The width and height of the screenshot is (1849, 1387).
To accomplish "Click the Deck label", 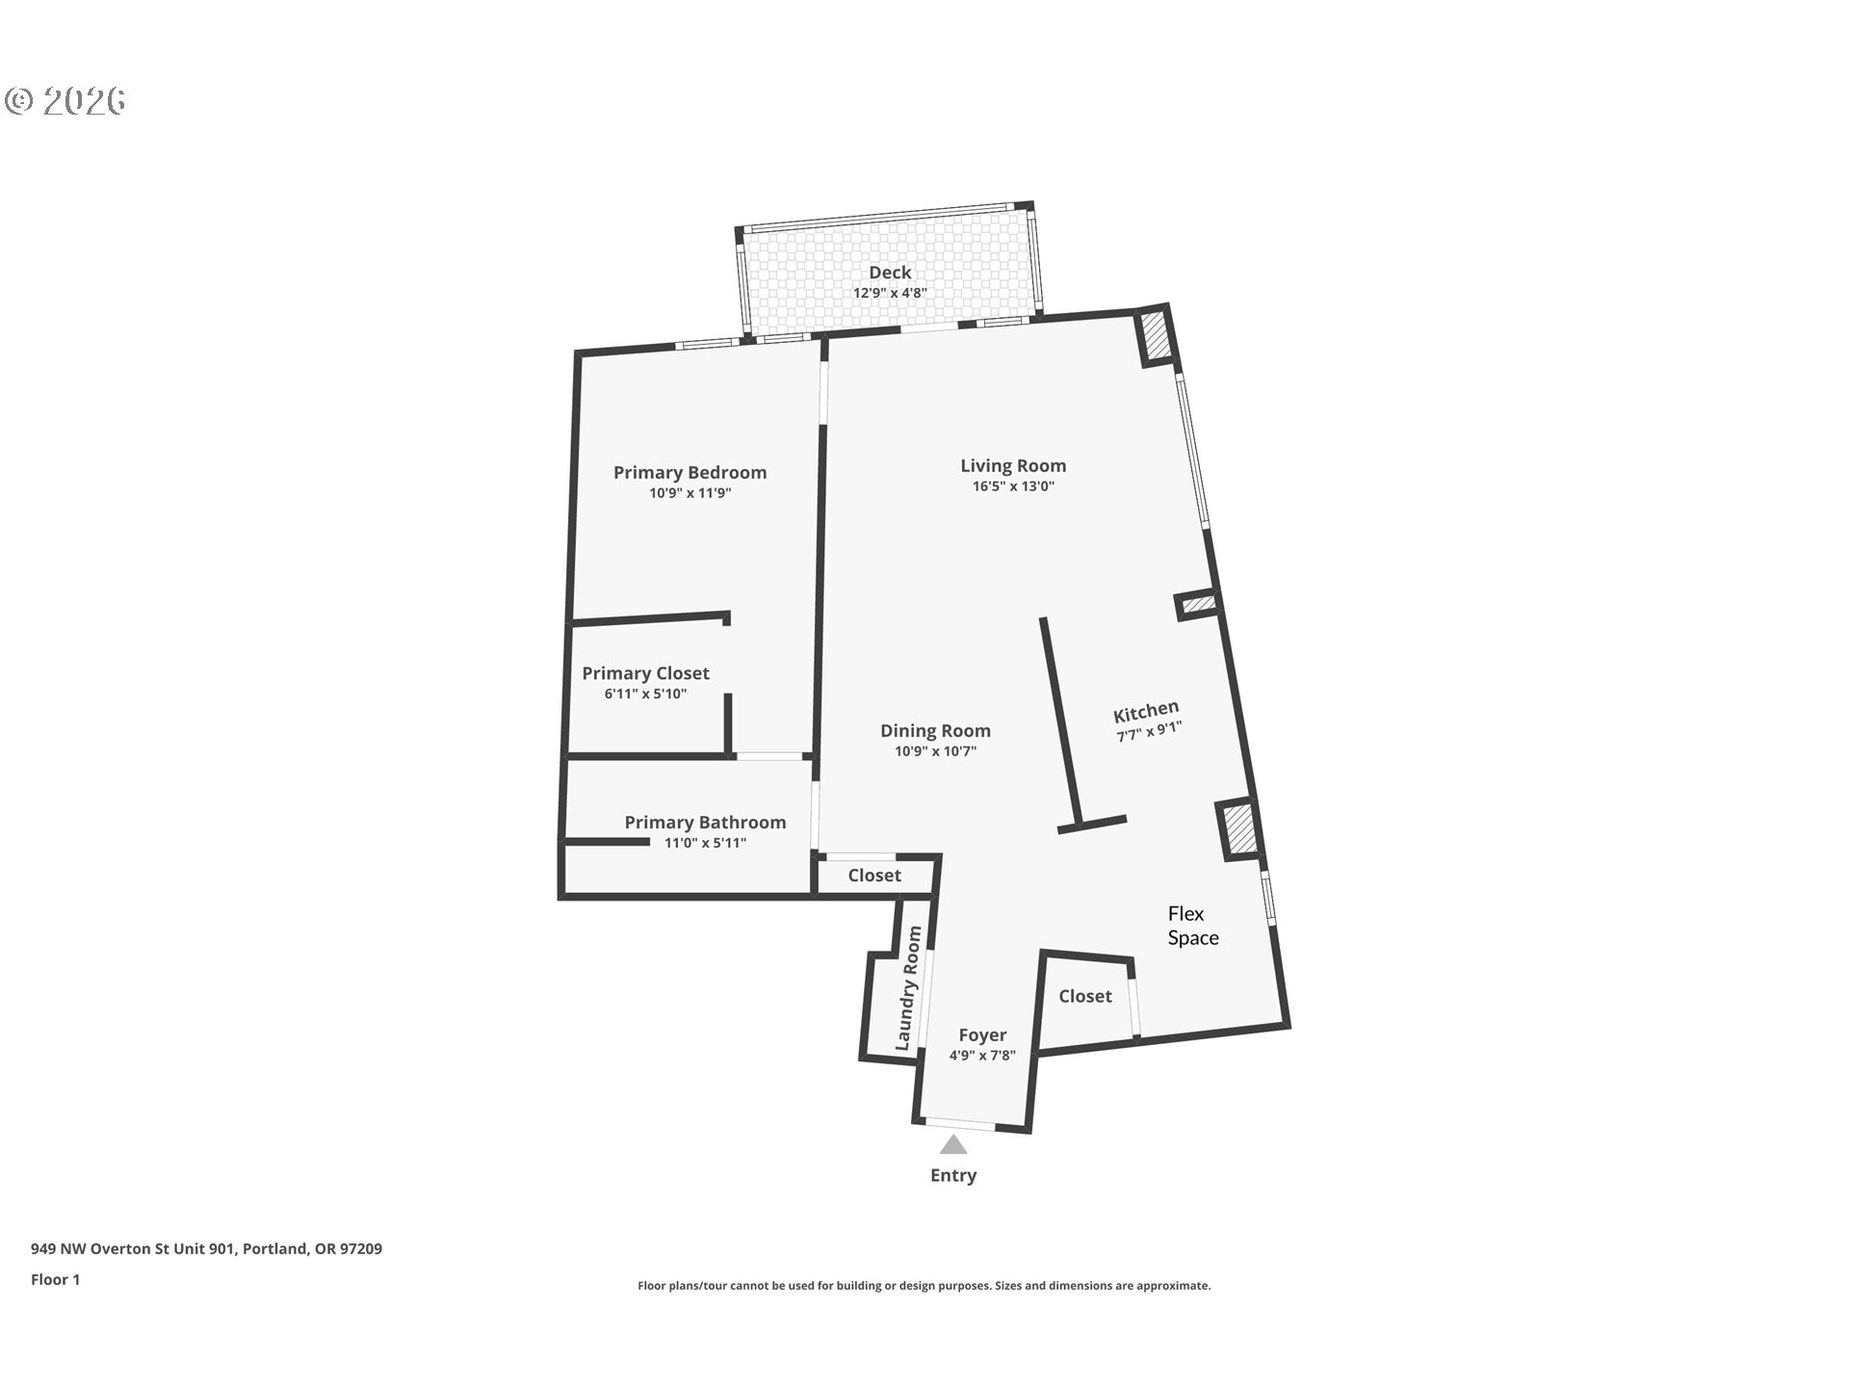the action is click(890, 273).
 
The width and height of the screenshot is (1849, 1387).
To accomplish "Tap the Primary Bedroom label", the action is click(690, 472).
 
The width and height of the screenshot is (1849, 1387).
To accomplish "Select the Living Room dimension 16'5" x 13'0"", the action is click(1013, 486).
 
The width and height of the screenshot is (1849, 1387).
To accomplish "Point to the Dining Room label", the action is click(935, 731).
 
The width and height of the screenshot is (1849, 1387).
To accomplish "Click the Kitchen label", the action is click(1146, 712).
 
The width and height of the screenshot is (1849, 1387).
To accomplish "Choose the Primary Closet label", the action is click(645, 673).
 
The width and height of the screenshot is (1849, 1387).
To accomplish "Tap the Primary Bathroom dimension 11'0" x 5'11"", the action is click(705, 843).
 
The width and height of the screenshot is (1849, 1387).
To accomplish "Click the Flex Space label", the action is click(1193, 926).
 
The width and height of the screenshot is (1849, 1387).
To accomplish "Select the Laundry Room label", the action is click(908, 988).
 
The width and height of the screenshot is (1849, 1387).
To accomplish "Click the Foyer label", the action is click(982, 1034).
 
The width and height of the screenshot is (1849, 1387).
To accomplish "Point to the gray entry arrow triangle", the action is click(953, 1144).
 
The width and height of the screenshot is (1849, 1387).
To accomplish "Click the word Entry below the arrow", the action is click(953, 1175).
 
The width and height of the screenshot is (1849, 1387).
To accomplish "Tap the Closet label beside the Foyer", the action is click(1085, 996).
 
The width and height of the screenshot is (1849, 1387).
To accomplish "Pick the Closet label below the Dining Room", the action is click(874, 876).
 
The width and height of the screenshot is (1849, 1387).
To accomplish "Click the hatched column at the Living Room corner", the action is click(1156, 335).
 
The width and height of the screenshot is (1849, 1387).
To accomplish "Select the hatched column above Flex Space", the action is click(1239, 828).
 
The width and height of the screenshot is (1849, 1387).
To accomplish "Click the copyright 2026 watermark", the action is click(65, 100).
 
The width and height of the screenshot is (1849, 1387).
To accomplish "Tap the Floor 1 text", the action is click(55, 1279).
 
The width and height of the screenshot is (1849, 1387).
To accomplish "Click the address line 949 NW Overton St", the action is click(206, 1248).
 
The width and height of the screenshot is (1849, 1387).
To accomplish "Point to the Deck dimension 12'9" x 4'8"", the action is click(890, 293).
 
